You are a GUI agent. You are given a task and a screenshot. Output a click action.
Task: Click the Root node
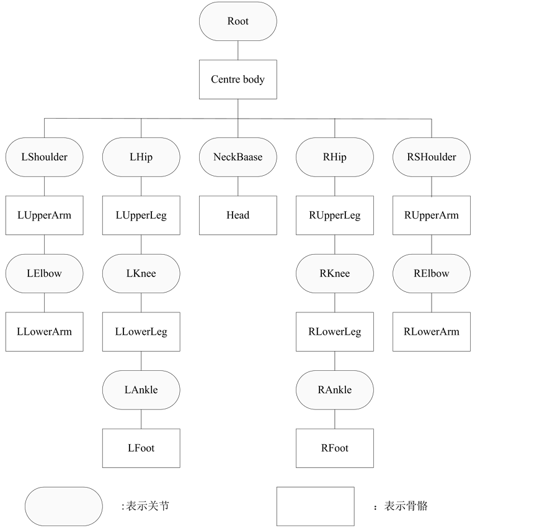(x=238, y=21)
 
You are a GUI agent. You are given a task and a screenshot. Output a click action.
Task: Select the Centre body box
(x=238, y=80)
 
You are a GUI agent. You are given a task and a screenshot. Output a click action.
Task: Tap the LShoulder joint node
(x=44, y=157)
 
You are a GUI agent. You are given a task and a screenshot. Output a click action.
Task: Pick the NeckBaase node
(x=238, y=157)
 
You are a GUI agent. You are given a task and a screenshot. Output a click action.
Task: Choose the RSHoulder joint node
(x=432, y=157)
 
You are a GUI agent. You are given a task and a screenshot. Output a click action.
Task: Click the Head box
(x=238, y=215)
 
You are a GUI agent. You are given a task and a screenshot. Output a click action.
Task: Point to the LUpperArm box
(x=44, y=215)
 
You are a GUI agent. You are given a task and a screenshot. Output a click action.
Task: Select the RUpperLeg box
(x=334, y=215)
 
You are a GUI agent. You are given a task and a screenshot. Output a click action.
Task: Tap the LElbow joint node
(x=44, y=273)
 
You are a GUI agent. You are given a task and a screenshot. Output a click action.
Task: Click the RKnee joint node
(x=334, y=273)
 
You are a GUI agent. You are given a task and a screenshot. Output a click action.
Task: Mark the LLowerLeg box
(x=141, y=332)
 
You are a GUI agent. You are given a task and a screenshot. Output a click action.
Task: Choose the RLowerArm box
(x=432, y=332)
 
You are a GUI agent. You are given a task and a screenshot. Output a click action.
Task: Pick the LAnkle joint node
(x=141, y=390)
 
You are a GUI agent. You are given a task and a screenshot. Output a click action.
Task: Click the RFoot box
(x=334, y=448)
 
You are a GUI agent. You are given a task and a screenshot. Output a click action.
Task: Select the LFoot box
(x=141, y=448)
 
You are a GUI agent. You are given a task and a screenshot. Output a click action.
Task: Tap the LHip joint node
(x=141, y=157)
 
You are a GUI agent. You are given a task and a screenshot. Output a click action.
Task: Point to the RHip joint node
(x=334, y=157)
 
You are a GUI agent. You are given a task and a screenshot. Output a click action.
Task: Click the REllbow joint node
(x=432, y=273)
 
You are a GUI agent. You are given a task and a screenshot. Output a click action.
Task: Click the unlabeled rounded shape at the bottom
(x=63, y=506)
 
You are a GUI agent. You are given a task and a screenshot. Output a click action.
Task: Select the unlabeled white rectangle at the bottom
(x=315, y=506)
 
